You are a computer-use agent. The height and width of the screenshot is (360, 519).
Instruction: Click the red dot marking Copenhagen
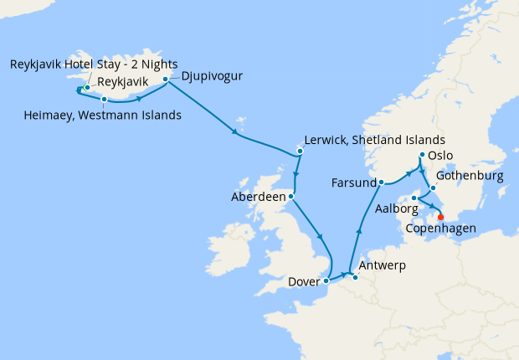(441, 218)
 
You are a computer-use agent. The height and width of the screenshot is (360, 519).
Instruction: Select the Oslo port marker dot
(421, 156)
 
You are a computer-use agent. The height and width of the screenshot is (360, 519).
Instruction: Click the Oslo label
(440, 156)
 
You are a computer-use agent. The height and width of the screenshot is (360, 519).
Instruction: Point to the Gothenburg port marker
(434, 176)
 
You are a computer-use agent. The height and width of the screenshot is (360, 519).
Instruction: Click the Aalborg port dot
(414, 198)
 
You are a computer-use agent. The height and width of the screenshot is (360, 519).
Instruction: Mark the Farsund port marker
(380, 182)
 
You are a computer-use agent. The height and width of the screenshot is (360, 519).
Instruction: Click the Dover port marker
(326, 282)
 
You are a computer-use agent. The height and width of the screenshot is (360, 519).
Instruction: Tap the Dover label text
(302, 282)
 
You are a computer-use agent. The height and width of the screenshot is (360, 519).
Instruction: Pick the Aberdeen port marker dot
(290, 198)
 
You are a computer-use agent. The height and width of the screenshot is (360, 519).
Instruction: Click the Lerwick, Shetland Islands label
(375, 139)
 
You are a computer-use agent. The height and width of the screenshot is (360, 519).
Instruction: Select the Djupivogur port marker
(166, 80)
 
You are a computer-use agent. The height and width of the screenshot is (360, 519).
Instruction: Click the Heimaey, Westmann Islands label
(102, 115)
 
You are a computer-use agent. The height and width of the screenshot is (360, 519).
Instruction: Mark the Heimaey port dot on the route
(104, 100)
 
